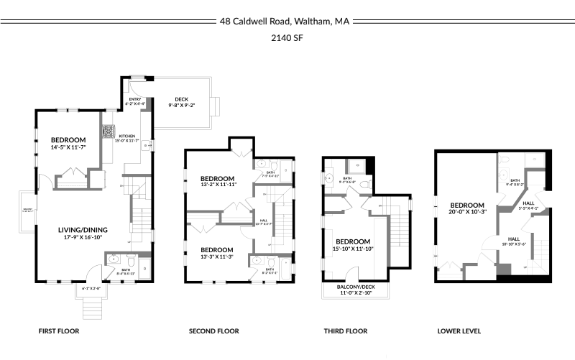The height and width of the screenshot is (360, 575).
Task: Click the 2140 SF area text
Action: (x=286, y=38)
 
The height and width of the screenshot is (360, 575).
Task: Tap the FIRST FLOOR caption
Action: (x=58, y=331)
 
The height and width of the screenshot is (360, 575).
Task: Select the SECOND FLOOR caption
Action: (x=213, y=331)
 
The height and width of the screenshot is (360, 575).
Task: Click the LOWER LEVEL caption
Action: (x=459, y=331)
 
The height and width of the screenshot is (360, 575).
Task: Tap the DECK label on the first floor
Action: (x=182, y=100)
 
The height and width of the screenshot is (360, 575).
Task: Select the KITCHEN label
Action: (x=126, y=136)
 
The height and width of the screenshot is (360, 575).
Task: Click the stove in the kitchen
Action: (x=109, y=132)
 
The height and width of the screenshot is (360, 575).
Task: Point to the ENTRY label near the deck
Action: (x=135, y=99)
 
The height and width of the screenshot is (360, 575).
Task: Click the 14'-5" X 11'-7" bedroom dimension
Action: (x=68, y=147)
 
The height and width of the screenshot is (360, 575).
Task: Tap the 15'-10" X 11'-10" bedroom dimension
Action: (x=353, y=249)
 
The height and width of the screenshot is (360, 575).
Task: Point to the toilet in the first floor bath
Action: (x=113, y=260)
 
